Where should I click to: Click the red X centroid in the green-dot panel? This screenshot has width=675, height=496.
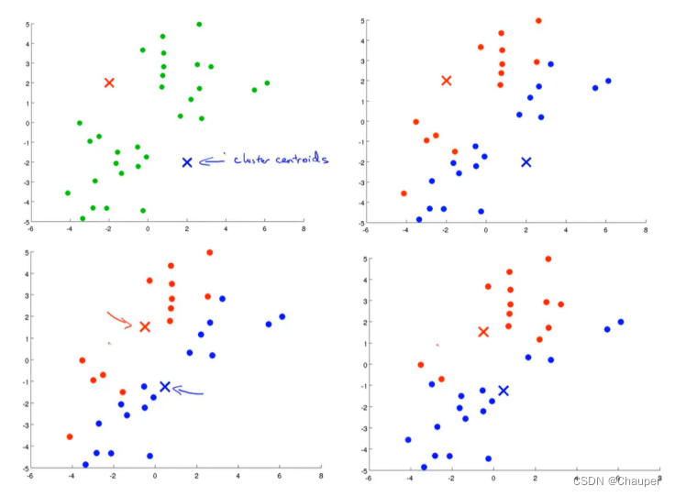pyautogui.click(x=109, y=83)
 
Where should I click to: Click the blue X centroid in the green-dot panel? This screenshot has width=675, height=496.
pyautogui.click(x=187, y=162)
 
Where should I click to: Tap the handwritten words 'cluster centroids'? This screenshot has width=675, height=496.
pyautogui.click(x=280, y=160)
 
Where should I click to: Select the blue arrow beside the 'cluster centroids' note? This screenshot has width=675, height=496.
pyautogui.click(x=213, y=161)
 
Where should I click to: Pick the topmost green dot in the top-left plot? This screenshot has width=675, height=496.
pyautogui.click(x=199, y=25)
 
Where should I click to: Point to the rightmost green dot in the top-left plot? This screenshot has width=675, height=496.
pyautogui.click(x=267, y=83)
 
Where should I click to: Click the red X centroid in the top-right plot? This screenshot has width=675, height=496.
pyautogui.click(x=447, y=81)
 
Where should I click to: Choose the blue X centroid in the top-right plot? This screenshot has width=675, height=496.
pyautogui.click(x=526, y=162)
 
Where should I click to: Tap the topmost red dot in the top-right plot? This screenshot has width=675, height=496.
pyautogui.click(x=538, y=21)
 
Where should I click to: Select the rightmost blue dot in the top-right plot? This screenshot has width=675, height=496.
pyautogui.click(x=608, y=81)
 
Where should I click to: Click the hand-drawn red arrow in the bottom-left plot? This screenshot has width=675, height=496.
pyautogui.click(x=120, y=320)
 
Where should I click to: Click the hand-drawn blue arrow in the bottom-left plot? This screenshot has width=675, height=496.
pyautogui.click(x=188, y=392)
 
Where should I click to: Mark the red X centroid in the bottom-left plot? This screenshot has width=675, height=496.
pyautogui.click(x=145, y=326)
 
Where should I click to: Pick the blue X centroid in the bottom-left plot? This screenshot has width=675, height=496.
pyautogui.click(x=165, y=387)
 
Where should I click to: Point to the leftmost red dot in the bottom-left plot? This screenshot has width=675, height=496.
pyautogui.click(x=70, y=436)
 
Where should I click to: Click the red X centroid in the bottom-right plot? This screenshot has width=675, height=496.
pyautogui.click(x=484, y=332)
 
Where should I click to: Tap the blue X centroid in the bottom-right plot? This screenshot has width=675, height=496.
pyautogui.click(x=503, y=391)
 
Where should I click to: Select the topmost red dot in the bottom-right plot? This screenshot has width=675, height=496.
pyautogui.click(x=548, y=259)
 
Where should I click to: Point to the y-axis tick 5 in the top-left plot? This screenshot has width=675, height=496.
pyautogui.click(x=28, y=25)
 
